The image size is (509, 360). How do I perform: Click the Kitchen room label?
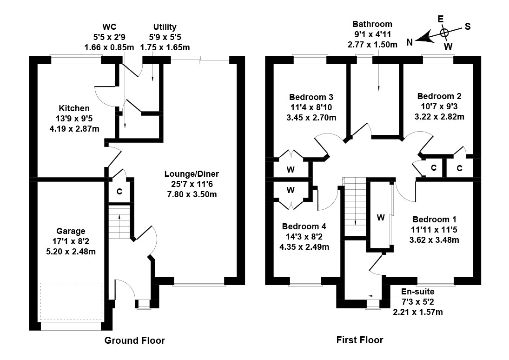click(74, 108)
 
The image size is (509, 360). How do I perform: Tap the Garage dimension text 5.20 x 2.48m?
click(71, 252)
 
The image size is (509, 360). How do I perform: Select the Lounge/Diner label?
click(192, 174)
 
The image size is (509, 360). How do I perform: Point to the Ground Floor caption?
click(135, 340)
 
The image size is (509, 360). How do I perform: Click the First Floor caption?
click(360, 340)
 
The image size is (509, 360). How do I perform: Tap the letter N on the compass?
click(410, 42)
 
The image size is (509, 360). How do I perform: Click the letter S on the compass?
click(468, 27)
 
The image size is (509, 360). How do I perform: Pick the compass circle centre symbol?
click(444, 32)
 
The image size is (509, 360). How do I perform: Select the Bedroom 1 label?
click(434, 220)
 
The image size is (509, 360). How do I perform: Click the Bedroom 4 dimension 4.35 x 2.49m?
click(304, 247)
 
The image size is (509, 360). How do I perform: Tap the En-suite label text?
click(417, 292)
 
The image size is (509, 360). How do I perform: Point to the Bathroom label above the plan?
click(372, 24)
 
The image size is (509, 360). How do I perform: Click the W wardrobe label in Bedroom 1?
click(381, 217)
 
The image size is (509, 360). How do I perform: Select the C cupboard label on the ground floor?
click(119, 192)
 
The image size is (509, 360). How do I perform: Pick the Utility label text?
click(165, 27)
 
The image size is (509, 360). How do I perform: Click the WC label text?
click(109, 27)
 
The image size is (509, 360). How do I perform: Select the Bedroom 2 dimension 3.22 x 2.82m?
click(439, 116)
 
